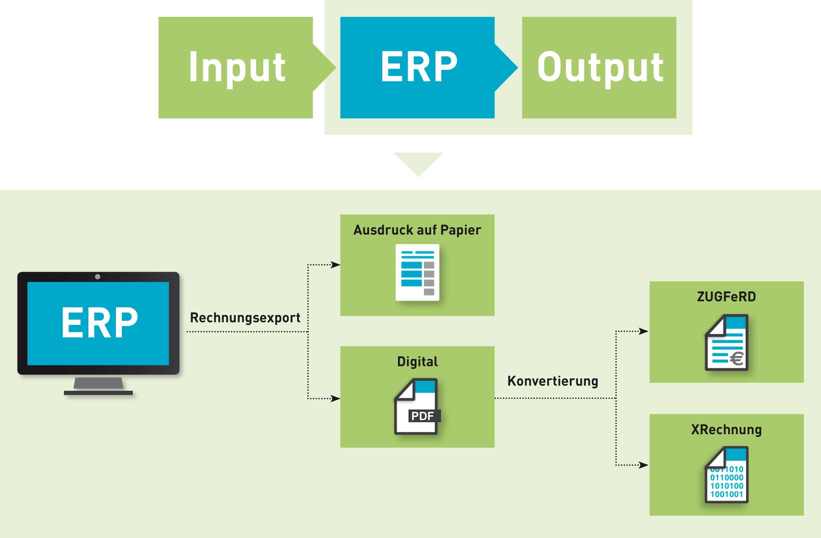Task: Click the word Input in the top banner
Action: tap(237, 67)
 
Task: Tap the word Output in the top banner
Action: tap(600, 67)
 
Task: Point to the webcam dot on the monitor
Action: tap(98, 276)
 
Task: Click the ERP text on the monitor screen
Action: tap(99, 323)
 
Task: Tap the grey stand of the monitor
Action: tap(98, 384)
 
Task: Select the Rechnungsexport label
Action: tap(245, 318)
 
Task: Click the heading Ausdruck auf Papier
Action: tap(417, 230)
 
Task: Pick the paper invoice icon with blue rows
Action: tap(417, 272)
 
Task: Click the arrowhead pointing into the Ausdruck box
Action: tap(336, 265)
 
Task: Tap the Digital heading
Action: tap(417, 361)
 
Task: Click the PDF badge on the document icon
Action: tap(423, 416)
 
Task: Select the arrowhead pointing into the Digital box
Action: tap(336, 398)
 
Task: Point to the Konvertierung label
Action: tap(553, 381)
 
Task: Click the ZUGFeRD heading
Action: tap(726, 297)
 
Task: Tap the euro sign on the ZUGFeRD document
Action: tap(737, 358)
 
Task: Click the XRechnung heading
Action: tap(726, 430)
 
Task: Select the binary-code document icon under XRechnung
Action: tap(727, 475)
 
